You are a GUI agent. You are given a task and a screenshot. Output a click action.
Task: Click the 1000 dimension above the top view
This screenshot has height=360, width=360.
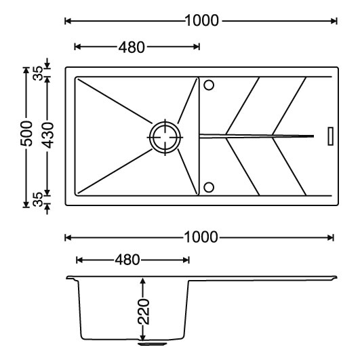[201, 20]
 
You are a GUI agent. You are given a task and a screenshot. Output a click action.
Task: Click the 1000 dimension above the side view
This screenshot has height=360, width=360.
[201, 237]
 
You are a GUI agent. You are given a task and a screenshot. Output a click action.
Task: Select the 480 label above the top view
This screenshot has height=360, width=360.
[132, 47]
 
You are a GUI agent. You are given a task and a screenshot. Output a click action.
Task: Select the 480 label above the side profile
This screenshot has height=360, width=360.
[127, 260]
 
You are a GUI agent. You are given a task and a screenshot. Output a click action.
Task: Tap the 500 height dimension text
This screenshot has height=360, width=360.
[26, 134]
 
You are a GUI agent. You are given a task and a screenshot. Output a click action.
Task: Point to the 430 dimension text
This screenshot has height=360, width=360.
[47, 136]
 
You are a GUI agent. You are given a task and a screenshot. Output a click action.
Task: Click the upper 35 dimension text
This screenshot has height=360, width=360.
[38, 73]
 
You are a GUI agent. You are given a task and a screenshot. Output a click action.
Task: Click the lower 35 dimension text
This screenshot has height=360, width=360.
[38, 199]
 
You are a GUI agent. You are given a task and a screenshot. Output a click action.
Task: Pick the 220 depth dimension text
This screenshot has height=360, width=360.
[144, 312]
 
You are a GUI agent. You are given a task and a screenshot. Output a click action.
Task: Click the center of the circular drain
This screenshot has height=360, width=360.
[165, 138]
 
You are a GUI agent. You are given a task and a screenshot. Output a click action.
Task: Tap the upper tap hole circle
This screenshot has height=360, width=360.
[209, 85]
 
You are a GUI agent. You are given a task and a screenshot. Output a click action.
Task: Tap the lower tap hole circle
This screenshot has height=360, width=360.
[209, 187]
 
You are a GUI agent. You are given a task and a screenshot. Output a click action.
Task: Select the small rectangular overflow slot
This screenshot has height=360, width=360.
[331, 136]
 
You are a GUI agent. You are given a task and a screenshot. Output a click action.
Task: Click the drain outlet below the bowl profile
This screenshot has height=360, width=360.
[153, 344]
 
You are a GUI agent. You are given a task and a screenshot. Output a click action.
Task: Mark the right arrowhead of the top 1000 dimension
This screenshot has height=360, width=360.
[334, 21]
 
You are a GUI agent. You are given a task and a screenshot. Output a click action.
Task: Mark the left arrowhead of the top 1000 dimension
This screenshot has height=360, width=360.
[68, 21]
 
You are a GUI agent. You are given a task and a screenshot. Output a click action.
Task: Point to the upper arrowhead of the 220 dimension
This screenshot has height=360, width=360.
[143, 281]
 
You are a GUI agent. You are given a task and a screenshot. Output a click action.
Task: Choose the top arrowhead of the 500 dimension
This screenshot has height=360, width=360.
[26, 71]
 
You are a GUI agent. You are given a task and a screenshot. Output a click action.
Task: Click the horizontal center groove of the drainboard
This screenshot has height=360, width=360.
[257, 136]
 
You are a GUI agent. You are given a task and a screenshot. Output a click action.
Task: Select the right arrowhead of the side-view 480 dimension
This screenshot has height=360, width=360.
[186, 260]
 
